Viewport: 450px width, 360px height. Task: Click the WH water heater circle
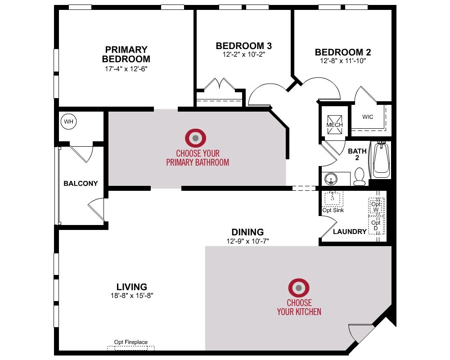click(68, 121)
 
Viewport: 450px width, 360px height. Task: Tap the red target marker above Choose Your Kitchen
click(299, 288)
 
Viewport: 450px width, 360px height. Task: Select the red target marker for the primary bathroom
click(195, 138)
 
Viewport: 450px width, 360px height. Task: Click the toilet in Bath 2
click(359, 176)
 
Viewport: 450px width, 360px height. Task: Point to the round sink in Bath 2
click(331, 179)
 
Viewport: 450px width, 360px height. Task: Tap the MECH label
click(335, 125)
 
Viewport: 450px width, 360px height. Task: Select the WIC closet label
click(368, 117)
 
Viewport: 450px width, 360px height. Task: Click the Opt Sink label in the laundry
click(333, 210)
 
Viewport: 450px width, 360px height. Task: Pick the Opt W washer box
click(376, 207)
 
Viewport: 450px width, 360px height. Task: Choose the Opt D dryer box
click(376, 225)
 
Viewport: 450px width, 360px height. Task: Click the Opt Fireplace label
click(131, 342)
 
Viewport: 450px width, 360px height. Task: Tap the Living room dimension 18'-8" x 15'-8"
click(132, 295)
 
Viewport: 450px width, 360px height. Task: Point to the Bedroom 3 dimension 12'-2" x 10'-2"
click(243, 54)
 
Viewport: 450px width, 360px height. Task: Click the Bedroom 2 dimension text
click(343, 61)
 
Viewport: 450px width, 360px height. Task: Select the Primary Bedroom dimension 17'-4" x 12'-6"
click(126, 68)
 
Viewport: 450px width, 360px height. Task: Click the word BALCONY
click(81, 184)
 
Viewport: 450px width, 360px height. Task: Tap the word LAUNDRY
click(350, 231)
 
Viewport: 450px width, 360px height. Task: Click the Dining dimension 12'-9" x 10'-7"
click(247, 241)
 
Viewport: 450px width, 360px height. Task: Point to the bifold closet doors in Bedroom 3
click(220, 84)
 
